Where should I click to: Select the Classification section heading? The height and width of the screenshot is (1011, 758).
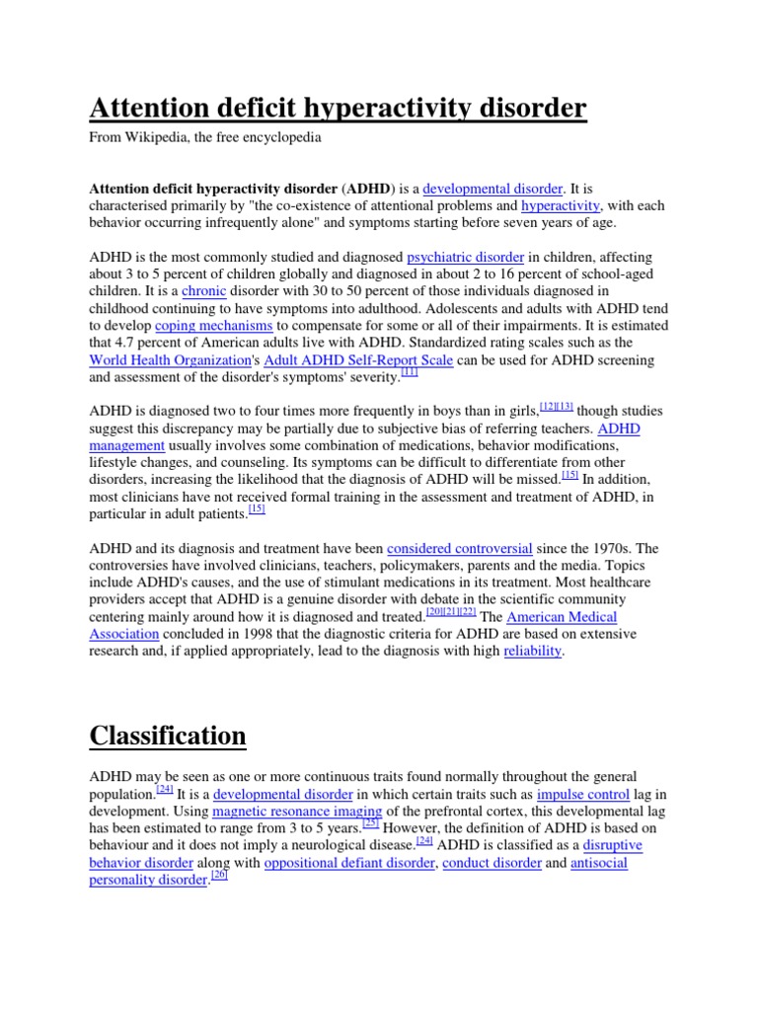click(168, 736)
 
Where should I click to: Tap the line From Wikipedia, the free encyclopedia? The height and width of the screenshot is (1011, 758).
click(205, 138)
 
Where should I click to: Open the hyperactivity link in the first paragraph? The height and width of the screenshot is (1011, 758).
click(561, 205)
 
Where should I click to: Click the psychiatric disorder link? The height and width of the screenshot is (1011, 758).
click(465, 258)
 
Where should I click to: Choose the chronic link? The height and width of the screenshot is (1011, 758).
click(204, 291)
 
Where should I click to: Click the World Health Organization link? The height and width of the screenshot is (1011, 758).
click(171, 360)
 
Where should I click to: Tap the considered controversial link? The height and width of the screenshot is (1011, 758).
click(460, 548)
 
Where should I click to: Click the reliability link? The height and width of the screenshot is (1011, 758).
click(533, 651)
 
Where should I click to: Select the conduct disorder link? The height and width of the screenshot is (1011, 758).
click(492, 862)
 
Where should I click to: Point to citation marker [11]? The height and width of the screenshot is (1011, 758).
click(410, 372)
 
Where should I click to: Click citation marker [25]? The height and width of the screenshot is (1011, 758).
click(371, 822)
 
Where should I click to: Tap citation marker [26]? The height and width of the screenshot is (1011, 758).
click(219, 875)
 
